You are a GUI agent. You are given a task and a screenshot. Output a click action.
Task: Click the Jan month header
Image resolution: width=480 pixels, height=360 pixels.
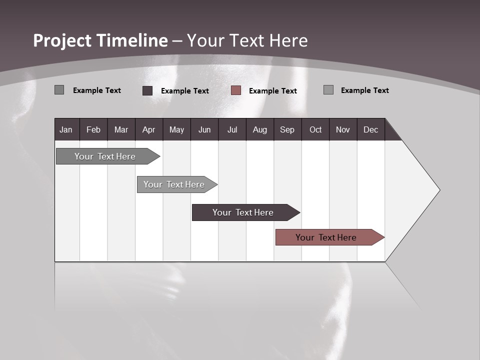(66, 129)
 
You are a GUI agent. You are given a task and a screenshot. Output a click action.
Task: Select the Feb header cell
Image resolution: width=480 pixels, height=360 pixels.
(93, 129)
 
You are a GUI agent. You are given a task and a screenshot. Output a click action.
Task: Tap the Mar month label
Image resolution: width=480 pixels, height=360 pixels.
(121, 129)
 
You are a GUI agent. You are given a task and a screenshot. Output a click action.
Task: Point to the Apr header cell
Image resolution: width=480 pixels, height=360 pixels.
(148, 129)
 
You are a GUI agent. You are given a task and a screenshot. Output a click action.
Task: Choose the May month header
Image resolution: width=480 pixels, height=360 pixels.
(176, 129)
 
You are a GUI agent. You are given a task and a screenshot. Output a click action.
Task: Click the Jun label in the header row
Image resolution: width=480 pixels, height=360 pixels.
(204, 129)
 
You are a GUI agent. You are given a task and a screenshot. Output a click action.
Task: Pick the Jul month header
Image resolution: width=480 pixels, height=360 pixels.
(232, 129)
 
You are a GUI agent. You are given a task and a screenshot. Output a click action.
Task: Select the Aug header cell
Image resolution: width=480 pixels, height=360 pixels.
(259, 129)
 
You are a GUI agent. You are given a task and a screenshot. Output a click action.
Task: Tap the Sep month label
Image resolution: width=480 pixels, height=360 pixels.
(287, 129)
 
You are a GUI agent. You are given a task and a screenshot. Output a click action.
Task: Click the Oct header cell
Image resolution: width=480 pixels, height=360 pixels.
(315, 129)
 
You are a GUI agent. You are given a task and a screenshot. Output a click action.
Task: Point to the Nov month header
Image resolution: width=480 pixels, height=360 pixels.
(343, 129)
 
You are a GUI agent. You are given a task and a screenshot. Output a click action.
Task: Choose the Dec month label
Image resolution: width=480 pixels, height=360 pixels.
(370, 129)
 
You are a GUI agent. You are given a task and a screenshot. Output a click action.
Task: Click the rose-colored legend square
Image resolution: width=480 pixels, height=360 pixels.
(236, 90)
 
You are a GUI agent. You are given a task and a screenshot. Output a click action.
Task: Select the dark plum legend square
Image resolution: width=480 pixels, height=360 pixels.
(147, 90)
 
